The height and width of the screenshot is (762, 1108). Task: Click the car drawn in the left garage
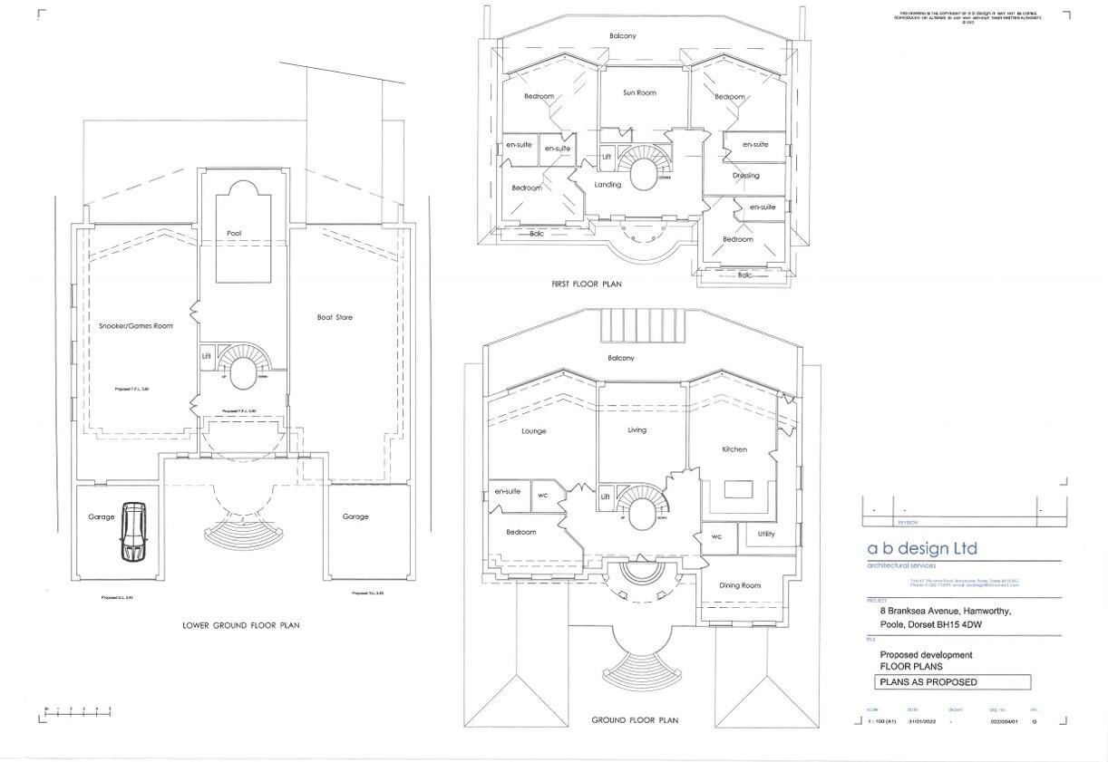click(x=133, y=532)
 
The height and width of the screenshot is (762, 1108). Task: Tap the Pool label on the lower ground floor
click(x=234, y=234)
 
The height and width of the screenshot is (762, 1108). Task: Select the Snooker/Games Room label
click(x=136, y=325)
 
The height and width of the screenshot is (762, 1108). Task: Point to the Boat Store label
click(x=335, y=317)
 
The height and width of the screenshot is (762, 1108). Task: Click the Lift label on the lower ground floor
click(x=207, y=356)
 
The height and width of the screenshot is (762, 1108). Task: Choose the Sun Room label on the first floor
click(x=639, y=92)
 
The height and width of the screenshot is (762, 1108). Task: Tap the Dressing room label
click(x=745, y=176)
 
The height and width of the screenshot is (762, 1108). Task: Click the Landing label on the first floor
click(x=607, y=185)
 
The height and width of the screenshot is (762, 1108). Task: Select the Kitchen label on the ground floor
click(x=734, y=449)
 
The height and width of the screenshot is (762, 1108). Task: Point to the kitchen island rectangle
click(x=740, y=490)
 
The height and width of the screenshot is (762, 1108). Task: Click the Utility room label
click(x=766, y=535)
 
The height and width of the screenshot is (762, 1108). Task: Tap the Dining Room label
click(x=740, y=585)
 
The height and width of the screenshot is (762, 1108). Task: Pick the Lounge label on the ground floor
click(x=534, y=431)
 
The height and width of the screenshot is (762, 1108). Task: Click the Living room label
click(x=637, y=430)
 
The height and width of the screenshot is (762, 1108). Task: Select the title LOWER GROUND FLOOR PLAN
click(x=240, y=625)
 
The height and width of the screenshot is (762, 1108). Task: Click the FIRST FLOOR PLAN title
click(x=587, y=285)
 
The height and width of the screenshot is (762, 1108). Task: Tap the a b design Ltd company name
click(x=922, y=548)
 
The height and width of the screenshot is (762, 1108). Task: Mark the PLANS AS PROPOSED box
click(x=952, y=682)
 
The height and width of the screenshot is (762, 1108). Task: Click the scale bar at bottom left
click(x=78, y=713)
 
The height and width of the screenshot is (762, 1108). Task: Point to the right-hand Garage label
click(x=355, y=516)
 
